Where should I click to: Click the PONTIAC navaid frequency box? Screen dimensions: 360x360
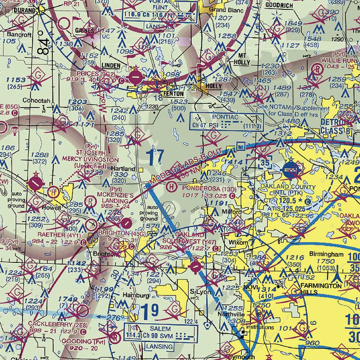coord(226,122)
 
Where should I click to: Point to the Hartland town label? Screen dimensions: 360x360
coord(123,168)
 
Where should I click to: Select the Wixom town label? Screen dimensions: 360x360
coord(239,243)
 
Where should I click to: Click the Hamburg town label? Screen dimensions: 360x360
coord(136,295)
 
